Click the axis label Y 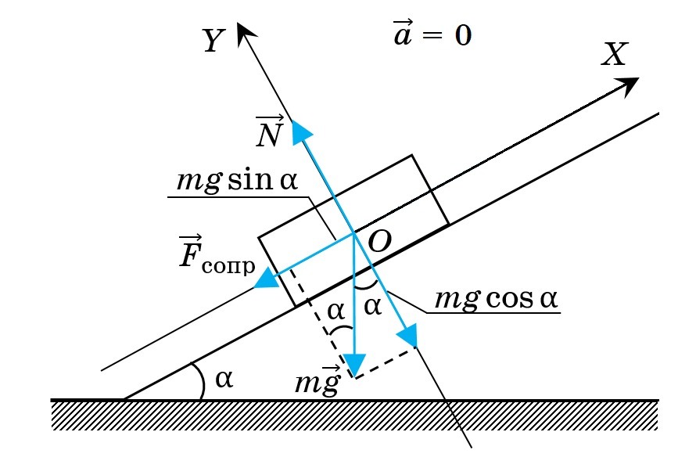click(x=214, y=41)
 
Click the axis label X click(x=615, y=55)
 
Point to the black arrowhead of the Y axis click(x=246, y=34)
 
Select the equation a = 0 click(x=432, y=33)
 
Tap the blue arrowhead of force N click(x=301, y=132)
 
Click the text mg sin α click(x=237, y=181)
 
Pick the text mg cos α click(x=496, y=298)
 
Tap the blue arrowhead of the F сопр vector click(x=267, y=278)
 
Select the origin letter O click(x=379, y=243)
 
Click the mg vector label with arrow click(x=318, y=380)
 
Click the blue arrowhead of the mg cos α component click(x=408, y=335)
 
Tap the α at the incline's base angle click(x=224, y=380)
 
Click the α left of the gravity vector click(x=336, y=311)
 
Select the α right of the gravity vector click(x=372, y=307)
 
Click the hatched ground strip click(x=354, y=415)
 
